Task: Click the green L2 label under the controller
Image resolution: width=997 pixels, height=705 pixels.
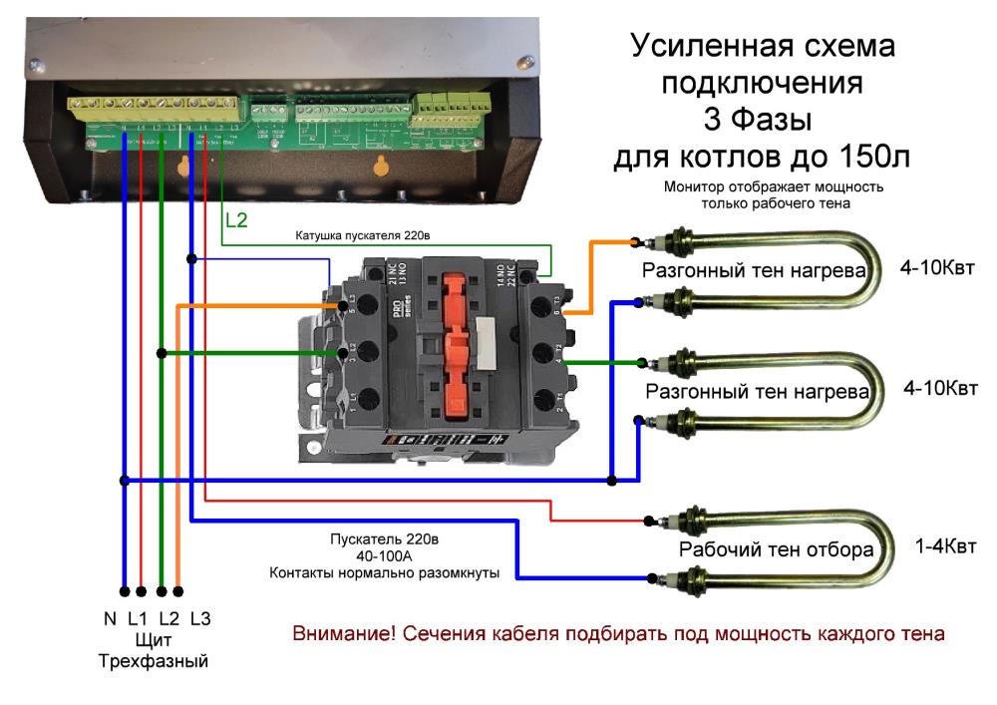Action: coord(236,220)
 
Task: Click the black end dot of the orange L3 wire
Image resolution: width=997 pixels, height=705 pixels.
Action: coord(178,589)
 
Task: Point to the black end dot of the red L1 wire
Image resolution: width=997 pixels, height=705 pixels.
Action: coord(142,589)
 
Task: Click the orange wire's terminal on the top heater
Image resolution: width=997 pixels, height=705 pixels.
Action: coord(635,240)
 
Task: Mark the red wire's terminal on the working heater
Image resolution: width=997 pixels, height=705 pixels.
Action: coord(649,520)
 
